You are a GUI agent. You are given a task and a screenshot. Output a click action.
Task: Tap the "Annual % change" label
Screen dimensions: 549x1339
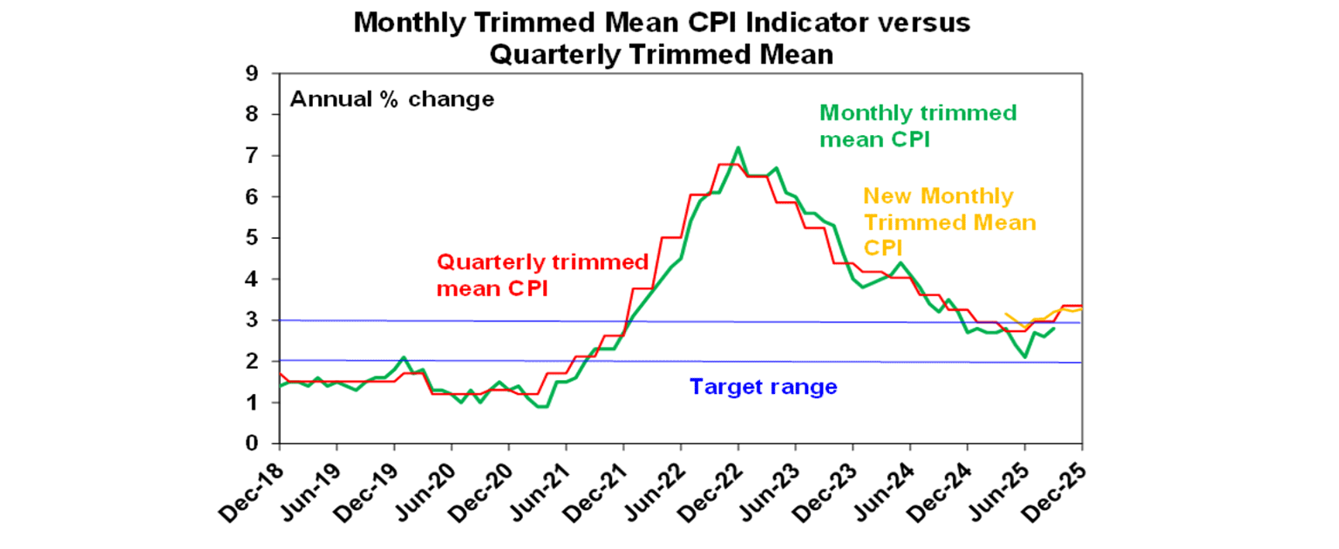(x=391, y=98)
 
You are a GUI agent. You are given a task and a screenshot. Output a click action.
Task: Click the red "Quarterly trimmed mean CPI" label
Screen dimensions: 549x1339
(x=542, y=274)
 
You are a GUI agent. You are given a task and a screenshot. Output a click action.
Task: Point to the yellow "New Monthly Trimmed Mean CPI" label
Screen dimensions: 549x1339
(x=949, y=222)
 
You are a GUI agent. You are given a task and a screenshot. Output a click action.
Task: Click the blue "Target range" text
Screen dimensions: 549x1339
(x=763, y=386)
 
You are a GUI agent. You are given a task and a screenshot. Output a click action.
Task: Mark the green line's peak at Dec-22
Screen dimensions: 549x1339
(x=738, y=148)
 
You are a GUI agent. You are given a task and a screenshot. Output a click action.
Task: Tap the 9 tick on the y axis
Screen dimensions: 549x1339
(x=252, y=73)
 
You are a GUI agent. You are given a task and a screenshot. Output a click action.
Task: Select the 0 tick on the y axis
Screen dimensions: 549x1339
(x=252, y=444)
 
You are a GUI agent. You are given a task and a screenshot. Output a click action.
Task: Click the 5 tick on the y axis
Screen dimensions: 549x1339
(x=252, y=238)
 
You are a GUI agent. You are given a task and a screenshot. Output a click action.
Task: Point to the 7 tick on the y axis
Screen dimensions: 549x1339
(x=252, y=156)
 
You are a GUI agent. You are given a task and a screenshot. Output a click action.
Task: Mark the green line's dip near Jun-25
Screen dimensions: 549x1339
(x=1025, y=356)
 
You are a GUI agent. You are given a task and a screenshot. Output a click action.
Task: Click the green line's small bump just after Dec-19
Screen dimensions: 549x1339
(x=403, y=357)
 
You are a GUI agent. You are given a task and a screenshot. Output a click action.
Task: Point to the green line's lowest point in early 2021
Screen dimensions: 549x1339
(x=542, y=406)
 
